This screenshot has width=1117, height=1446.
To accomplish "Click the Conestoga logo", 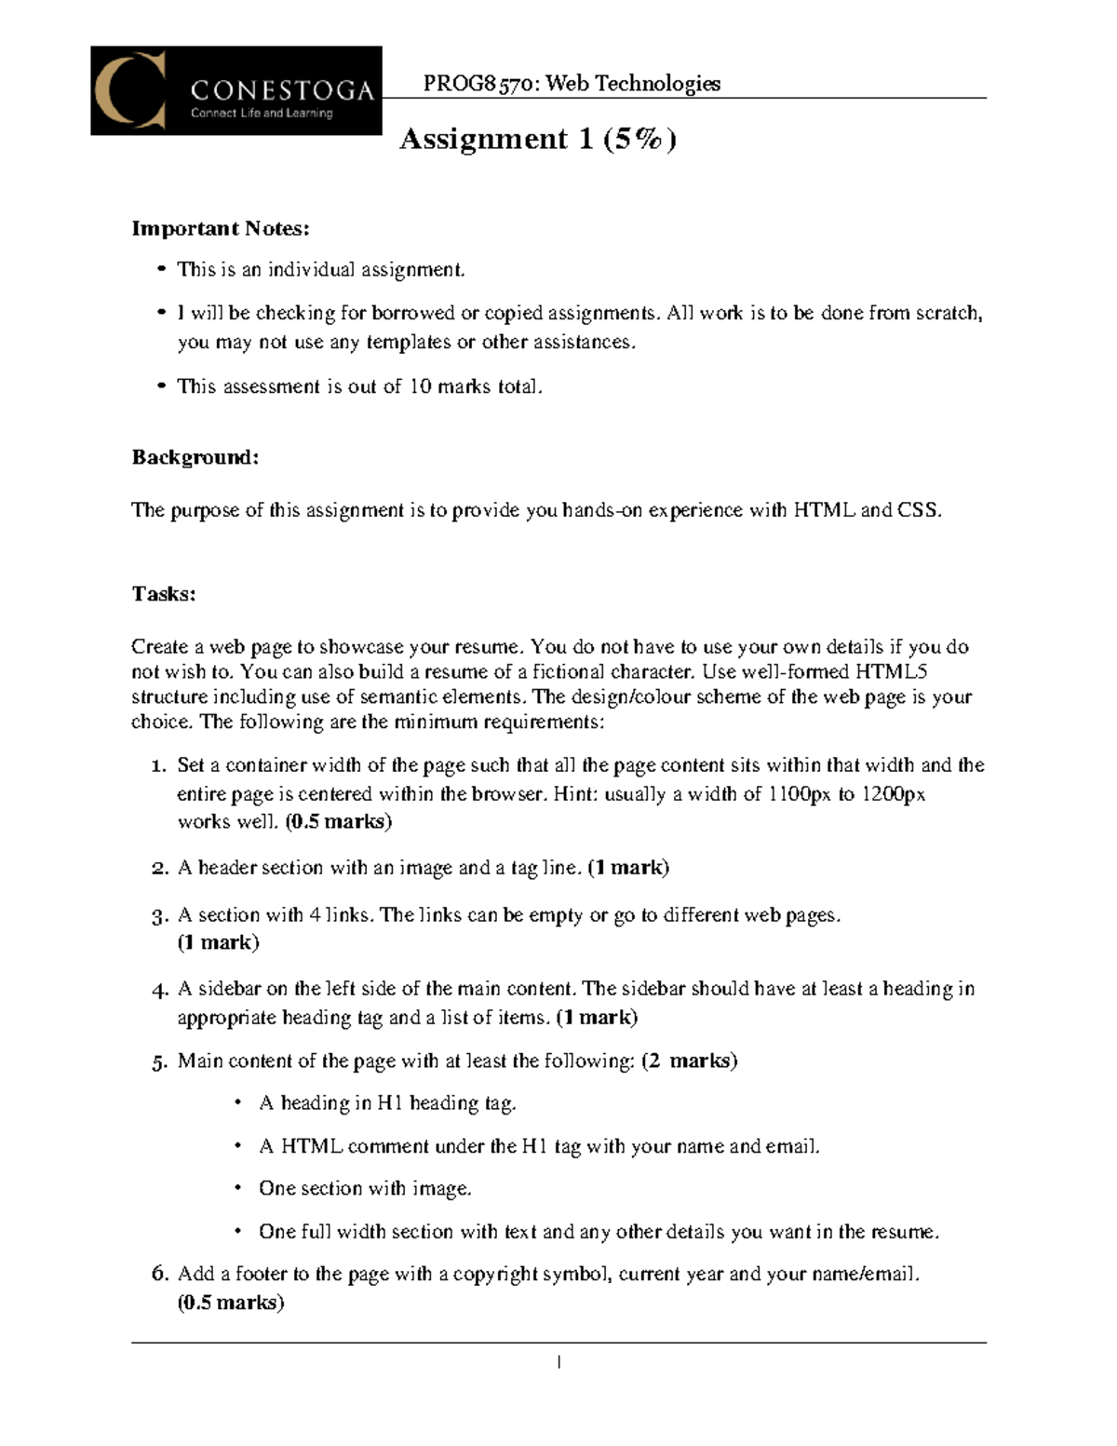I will [236, 90].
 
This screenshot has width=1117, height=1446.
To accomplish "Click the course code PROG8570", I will [478, 84].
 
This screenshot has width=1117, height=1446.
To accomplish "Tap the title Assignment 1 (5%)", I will [537, 139].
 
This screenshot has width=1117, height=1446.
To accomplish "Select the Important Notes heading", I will [221, 228].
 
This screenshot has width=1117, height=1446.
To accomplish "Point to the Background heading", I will [195, 457].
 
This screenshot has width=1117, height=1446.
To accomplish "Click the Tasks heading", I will [164, 594].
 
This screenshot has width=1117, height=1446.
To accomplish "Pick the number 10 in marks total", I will [420, 386].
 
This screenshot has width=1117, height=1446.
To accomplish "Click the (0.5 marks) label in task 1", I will [339, 821].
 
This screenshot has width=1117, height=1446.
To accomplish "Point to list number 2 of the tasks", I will [159, 869].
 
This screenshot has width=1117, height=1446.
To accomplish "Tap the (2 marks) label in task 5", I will [690, 1061].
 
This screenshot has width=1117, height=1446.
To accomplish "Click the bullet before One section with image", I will [238, 1188].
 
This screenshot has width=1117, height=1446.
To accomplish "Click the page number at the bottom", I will [558, 1363].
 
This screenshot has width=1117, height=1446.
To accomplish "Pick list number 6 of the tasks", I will [159, 1274].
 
